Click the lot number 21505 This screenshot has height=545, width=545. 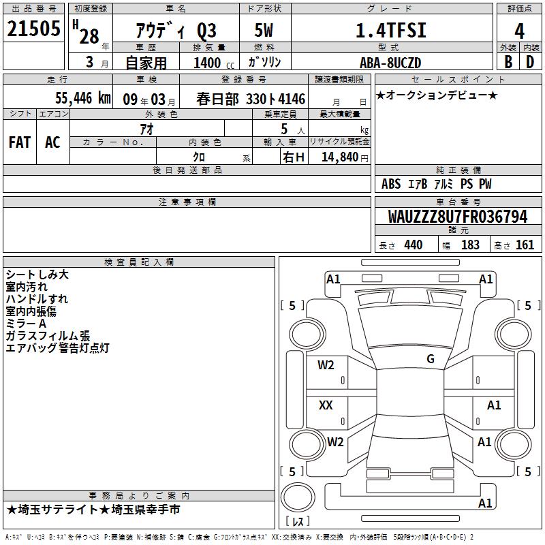pos(33,29)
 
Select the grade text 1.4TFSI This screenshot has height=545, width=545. pos(390,30)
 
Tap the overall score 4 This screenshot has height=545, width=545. pos(519,31)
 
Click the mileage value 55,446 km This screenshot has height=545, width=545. pos(83,98)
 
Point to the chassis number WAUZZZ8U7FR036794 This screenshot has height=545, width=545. pos(458,217)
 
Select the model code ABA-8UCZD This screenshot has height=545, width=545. pos(390,63)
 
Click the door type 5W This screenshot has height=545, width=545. pos(264,30)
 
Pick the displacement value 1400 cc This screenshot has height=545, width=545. pos(214,63)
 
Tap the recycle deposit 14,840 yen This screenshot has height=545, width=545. pos(345,157)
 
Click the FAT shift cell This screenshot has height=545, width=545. pos(20,142)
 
